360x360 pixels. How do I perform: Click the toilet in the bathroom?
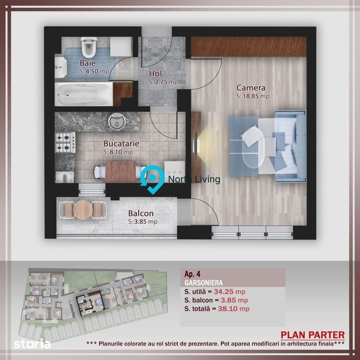click(x=88, y=47)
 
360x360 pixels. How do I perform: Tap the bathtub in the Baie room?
click(x=83, y=94)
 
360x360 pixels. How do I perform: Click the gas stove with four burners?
click(x=65, y=143)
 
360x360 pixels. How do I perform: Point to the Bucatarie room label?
click(x=121, y=144)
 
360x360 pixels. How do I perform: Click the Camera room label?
click(x=251, y=88)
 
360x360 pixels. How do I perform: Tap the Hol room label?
click(x=156, y=74)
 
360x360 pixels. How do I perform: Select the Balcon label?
click(x=141, y=213)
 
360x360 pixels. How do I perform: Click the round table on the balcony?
click(x=83, y=210)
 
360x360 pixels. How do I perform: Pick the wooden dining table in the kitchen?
click(x=120, y=172)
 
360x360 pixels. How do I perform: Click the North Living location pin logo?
click(x=152, y=179)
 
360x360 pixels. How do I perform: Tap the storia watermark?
click(x=32, y=344)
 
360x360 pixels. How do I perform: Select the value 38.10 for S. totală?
click(x=228, y=309)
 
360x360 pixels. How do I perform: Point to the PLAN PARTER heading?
click(x=313, y=335)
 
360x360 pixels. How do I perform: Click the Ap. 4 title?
click(x=192, y=274)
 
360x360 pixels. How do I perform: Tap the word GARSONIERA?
click(x=204, y=283)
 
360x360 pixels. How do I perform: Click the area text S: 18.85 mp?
click(x=253, y=96)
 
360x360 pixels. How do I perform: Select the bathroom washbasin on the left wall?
click(x=61, y=67)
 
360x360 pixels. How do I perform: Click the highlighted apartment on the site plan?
click(x=90, y=303)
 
